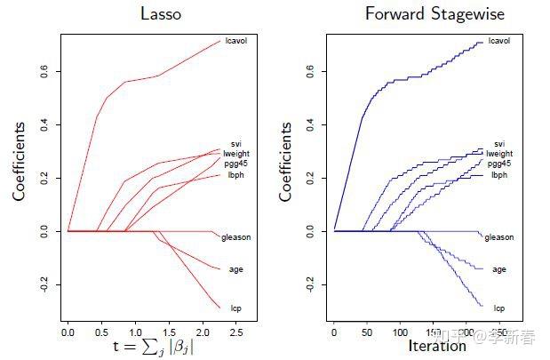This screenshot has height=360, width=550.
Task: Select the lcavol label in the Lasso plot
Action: pos(235,41)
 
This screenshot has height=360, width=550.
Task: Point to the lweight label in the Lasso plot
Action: pos(237,153)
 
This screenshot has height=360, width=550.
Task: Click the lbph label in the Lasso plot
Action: pos(235,174)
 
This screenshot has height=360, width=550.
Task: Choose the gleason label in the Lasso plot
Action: pos(237,237)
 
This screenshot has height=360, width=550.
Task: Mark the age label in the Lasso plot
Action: pos(235,268)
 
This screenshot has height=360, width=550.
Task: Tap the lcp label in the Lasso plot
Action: pos(235,308)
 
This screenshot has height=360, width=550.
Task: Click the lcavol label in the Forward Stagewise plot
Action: pos(500,41)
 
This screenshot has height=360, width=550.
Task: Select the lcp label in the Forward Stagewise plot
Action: pos(499,308)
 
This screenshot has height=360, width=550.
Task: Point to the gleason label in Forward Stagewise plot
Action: pos(499,237)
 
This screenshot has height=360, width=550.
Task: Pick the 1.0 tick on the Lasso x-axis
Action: pos(134,331)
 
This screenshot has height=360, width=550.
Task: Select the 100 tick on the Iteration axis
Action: pos(400,331)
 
